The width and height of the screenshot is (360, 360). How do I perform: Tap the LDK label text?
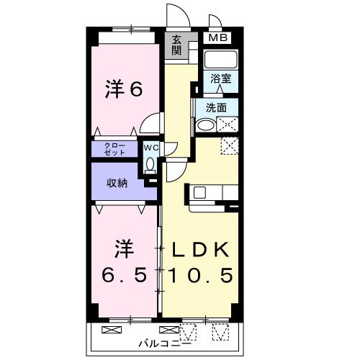click(x=199, y=250)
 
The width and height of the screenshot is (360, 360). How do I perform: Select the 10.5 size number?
click(x=200, y=276)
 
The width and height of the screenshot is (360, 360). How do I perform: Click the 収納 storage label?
click(x=117, y=183)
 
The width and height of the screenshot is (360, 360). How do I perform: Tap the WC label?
click(x=150, y=148)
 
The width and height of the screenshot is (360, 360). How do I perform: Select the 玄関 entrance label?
click(x=177, y=45)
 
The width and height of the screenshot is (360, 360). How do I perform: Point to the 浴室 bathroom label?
click(x=220, y=78)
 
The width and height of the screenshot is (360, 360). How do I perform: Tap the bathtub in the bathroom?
click(x=220, y=58)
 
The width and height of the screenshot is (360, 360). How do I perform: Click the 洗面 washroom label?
click(x=216, y=107)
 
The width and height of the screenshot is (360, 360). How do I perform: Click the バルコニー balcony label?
click(x=165, y=342)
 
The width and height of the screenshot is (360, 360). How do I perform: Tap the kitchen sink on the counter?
click(x=199, y=192)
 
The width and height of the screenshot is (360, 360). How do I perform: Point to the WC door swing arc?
click(x=170, y=150)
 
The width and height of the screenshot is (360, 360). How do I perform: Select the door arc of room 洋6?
click(x=150, y=124)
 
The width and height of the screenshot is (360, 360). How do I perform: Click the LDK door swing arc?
click(x=176, y=171)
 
